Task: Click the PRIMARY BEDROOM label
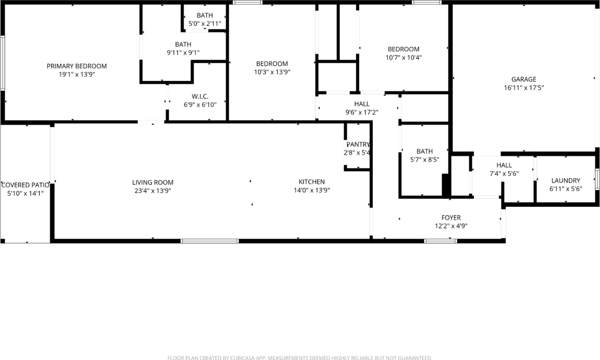(x=76, y=66)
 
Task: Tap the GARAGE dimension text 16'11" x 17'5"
(x=524, y=88)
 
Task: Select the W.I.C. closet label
(x=200, y=96)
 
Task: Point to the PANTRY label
(x=358, y=144)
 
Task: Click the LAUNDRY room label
(x=565, y=180)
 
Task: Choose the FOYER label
(x=451, y=217)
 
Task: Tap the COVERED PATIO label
(x=25, y=185)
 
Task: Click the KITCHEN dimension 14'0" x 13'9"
(x=312, y=190)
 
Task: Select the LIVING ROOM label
(x=152, y=182)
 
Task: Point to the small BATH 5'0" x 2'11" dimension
(x=204, y=23)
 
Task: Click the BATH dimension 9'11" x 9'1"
(x=183, y=53)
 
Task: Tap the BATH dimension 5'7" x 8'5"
(x=424, y=160)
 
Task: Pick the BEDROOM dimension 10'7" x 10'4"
(x=403, y=58)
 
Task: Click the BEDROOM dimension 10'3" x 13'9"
(x=272, y=72)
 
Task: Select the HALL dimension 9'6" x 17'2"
(x=361, y=112)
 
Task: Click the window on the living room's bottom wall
(x=210, y=241)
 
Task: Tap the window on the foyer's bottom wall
(x=440, y=241)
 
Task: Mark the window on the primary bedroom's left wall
(x=2, y=63)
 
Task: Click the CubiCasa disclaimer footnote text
(x=300, y=358)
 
